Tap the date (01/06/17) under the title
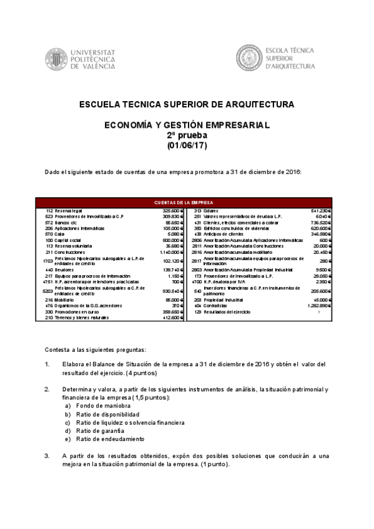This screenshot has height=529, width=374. (x=187, y=145)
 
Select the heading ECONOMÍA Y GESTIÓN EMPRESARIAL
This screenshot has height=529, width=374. (x=187, y=125)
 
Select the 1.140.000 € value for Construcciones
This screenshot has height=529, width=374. (x=169, y=251)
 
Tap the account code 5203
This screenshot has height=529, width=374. (x=48, y=291)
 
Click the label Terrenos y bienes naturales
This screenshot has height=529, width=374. (x=81, y=318)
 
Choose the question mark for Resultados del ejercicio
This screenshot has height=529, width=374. (x=318, y=312)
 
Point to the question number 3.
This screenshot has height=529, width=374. (x=47, y=456)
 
